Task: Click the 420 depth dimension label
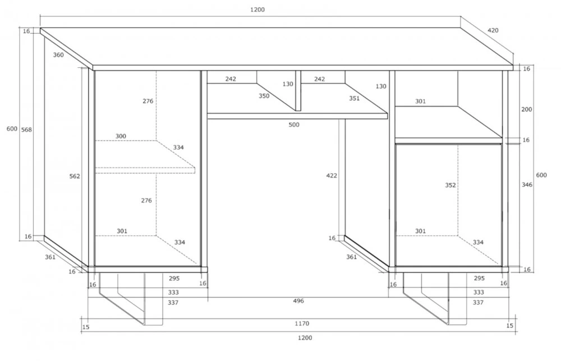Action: (x=493, y=30)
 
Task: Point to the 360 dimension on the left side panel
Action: (x=58, y=55)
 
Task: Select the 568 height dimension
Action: (x=26, y=129)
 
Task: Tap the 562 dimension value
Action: (x=75, y=176)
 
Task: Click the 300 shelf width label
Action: (x=121, y=136)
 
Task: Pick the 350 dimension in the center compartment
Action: (x=264, y=96)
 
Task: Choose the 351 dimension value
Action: (x=354, y=98)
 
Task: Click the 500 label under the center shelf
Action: (x=294, y=125)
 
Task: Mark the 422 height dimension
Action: (x=332, y=175)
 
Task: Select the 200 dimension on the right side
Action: (x=527, y=109)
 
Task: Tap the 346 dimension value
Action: (x=527, y=185)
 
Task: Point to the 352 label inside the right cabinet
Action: (x=450, y=185)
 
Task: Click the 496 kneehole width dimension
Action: (x=298, y=301)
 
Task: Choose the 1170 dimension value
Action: (x=302, y=323)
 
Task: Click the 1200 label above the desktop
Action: (x=257, y=10)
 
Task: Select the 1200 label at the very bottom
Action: (x=305, y=338)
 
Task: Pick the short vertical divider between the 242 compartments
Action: (x=298, y=91)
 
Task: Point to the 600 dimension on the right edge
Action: (x=541, y=175)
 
